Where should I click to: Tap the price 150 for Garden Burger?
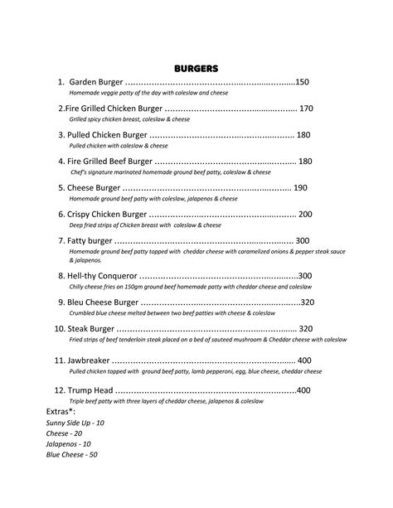coord(302,83)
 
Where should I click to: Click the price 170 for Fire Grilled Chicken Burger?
coord(306,109)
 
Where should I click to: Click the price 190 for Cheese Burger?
coord(300,188)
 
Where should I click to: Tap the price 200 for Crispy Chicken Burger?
coord(304,215)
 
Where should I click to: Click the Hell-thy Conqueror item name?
coord(103,276)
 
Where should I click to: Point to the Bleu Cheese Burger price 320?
coord(308,302)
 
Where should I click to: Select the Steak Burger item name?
coord(92,329)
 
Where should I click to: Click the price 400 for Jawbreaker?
coord(303,360)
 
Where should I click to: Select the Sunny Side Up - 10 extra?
coord(75,423)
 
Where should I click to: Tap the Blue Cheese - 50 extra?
coord(72,454)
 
